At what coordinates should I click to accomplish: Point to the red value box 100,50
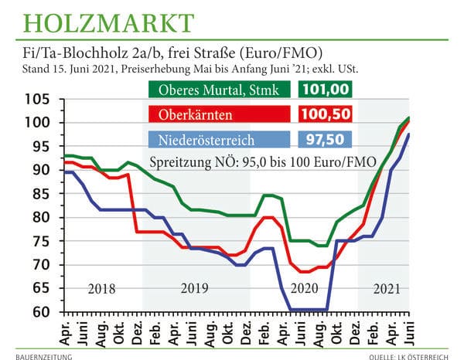point(326,114)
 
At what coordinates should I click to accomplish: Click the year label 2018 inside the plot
point(102,290)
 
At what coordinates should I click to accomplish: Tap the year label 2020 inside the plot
point(303,290)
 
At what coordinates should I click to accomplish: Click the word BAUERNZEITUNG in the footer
point(48,355)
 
